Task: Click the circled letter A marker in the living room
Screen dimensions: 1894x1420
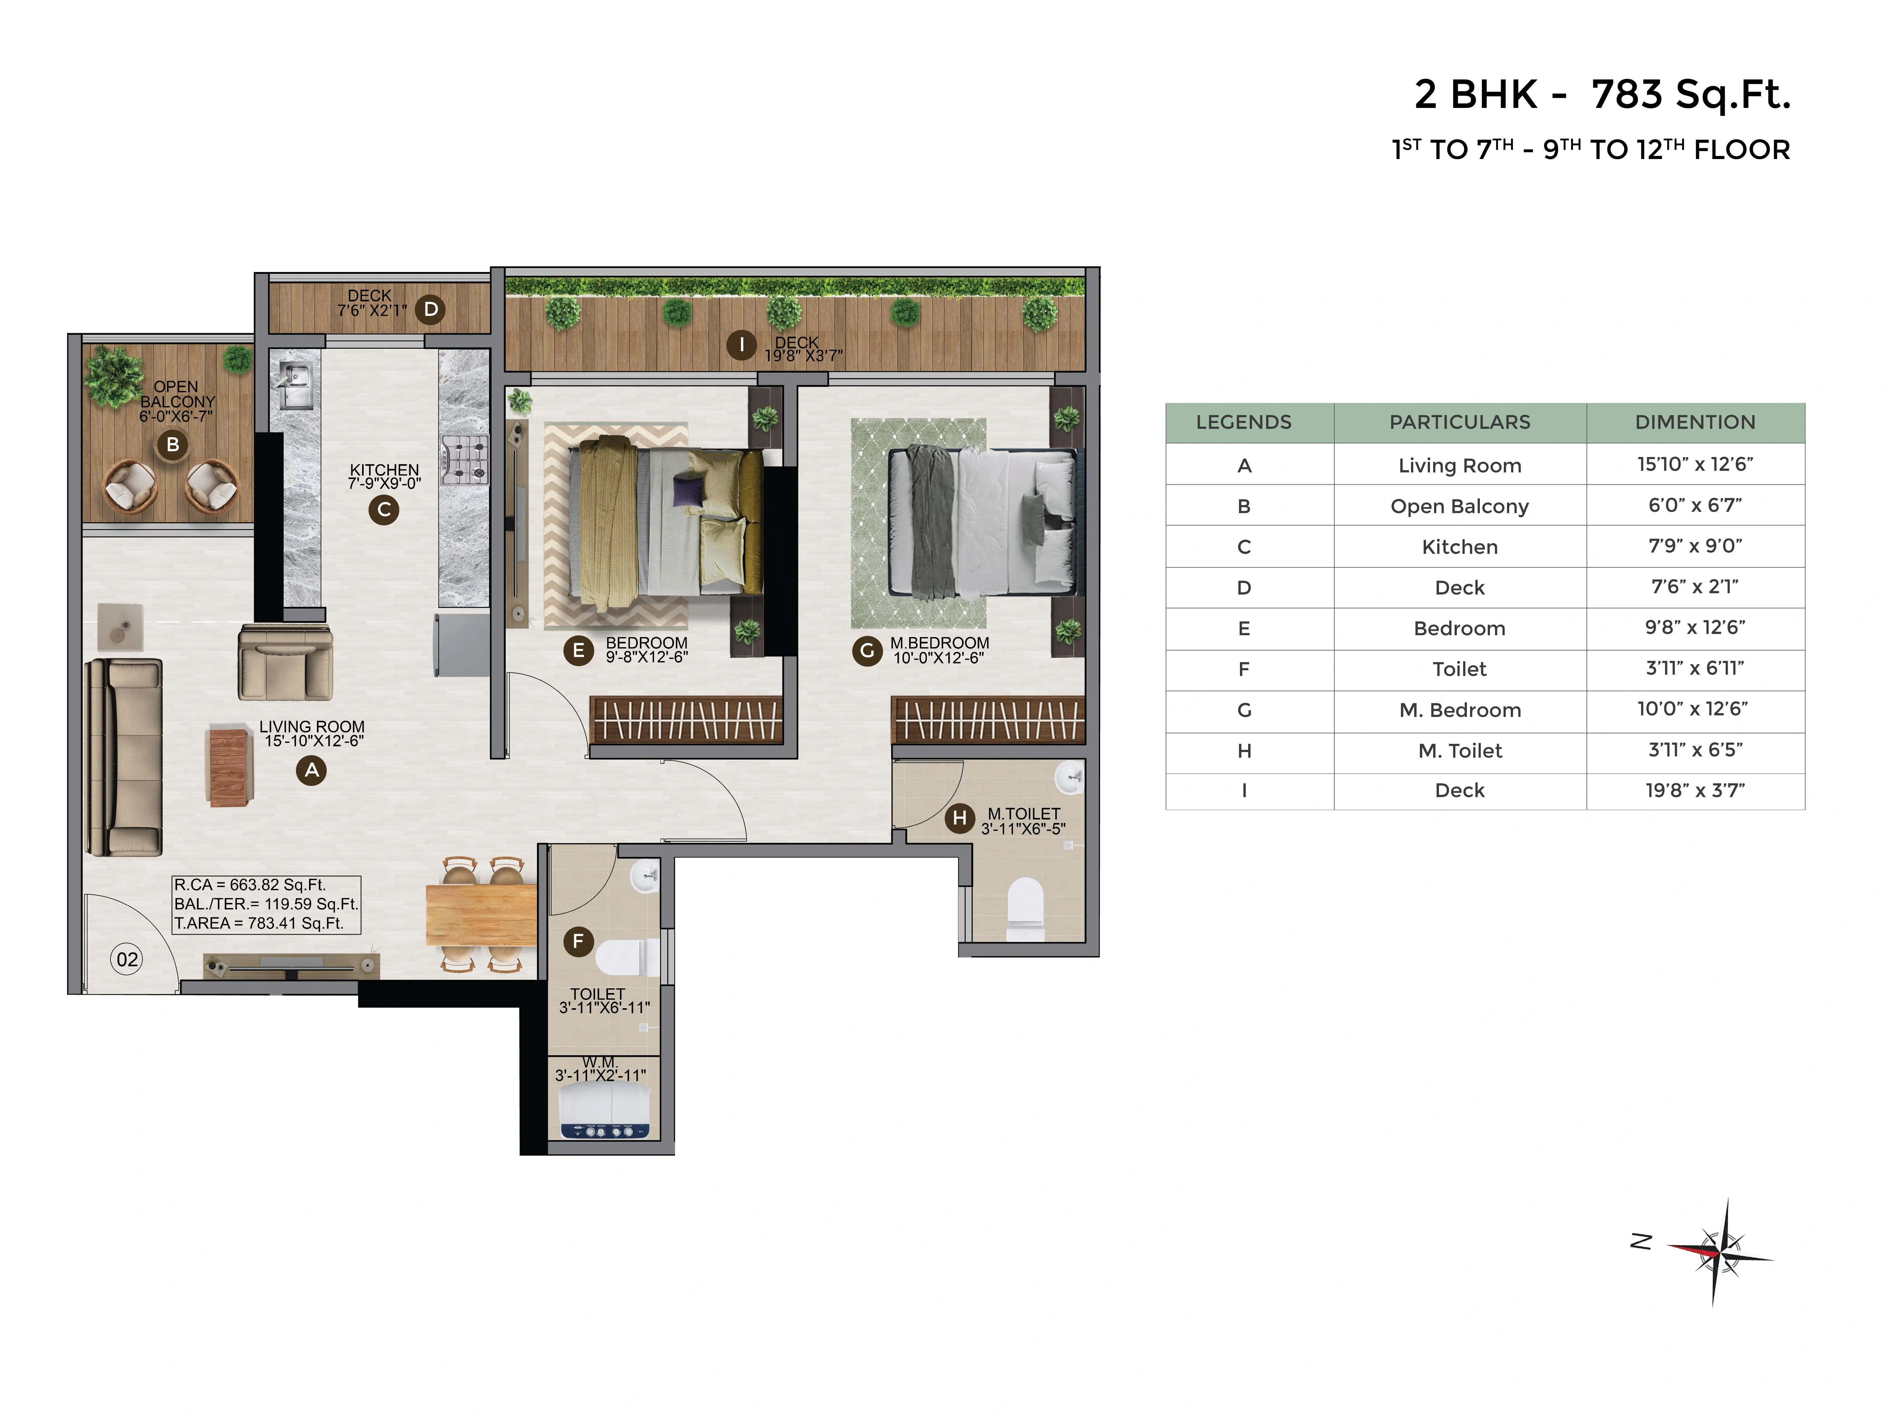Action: [312, 770]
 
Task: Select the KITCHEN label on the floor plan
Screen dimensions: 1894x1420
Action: [384, 470]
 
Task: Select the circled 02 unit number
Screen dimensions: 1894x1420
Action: [127, 960]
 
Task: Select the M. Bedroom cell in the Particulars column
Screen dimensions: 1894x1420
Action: [1460, 710]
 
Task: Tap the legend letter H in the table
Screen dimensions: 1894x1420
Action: [1244, 751]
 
